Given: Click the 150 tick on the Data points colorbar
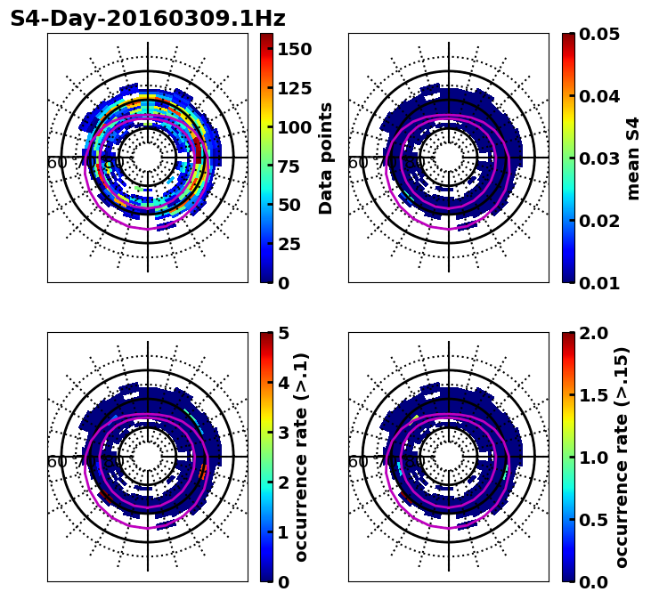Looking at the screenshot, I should point(295,48).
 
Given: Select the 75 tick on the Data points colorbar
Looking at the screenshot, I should point(289,166).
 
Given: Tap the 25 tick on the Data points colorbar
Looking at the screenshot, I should point(289,244).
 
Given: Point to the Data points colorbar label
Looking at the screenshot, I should point(326,158).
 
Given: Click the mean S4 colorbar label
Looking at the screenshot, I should point(633,158).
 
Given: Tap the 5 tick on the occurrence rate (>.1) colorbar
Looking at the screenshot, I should point(284,333).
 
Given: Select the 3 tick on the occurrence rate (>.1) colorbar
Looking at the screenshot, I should point(284,433).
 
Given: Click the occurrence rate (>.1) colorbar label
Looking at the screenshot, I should point(301,458).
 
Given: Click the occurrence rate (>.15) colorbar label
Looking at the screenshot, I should point(622,458).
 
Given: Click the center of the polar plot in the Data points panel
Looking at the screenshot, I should point(148,158).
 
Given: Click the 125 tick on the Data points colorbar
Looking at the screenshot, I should point(295,87).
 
